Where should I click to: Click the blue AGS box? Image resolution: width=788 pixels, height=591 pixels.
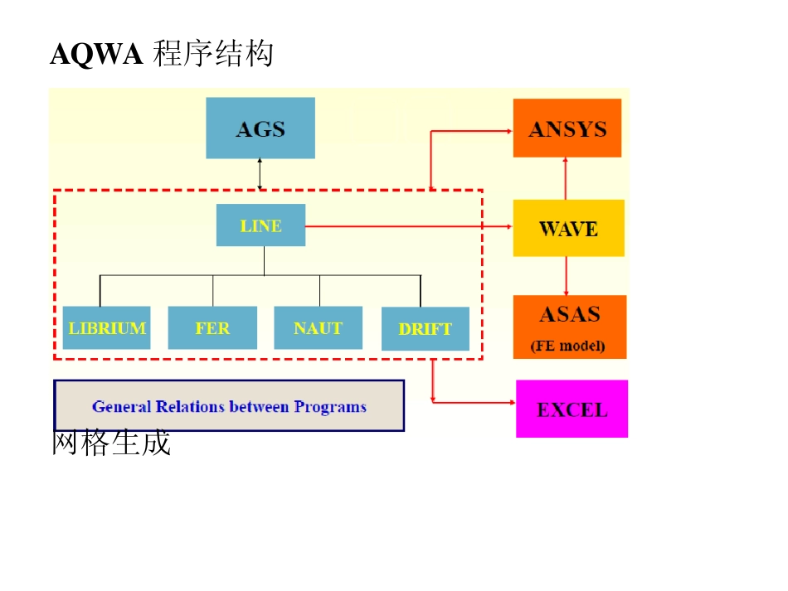(x=260, y=128)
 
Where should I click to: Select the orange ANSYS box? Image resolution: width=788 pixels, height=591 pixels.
(x=567, y=128)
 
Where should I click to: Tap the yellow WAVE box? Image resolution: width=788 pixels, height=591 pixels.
(x=568, y=228)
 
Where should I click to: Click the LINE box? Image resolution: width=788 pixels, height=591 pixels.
(x=260, y=225)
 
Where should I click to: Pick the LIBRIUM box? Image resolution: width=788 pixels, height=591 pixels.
(x=107, y=328)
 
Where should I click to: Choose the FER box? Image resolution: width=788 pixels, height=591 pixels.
(x=212, y=328)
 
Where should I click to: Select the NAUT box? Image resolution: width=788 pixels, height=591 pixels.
(x=319, y=328)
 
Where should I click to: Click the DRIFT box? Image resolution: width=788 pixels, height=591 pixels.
(x=425, y=329)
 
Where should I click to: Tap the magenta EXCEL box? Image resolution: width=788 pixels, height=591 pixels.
(x=572, y=409)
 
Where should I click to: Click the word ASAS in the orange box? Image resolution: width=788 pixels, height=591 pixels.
(x=569, y=315)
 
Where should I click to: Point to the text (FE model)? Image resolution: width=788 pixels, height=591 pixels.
(x=568, y=346)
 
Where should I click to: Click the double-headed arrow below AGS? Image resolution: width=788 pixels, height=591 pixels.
(x=260, y=173)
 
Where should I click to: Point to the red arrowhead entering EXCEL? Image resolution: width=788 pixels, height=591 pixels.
(x=510, y=403)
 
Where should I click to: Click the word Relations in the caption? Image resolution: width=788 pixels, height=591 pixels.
(x=189, y=407)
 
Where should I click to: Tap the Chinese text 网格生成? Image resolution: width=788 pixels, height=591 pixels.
(x=111, y=443)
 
